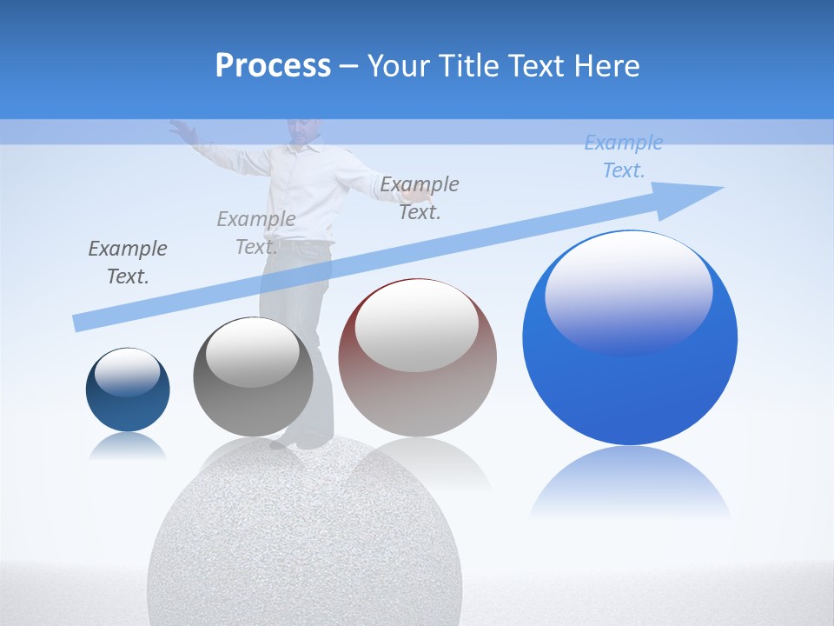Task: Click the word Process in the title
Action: [273, 65]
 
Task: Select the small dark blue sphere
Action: [128, 391]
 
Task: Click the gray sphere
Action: [252, 378]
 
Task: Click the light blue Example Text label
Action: [624, 156]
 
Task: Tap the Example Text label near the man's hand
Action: [420, 198]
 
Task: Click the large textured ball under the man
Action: [304, 539]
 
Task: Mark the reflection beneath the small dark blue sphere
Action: [128, 446]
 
